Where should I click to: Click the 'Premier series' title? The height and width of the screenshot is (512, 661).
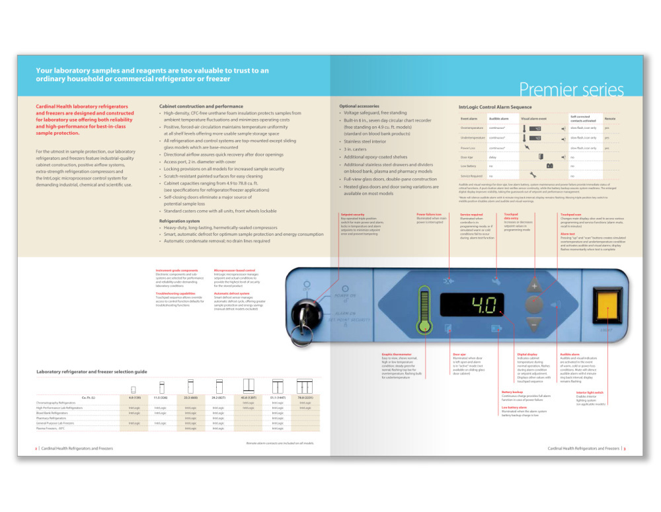(x=571, y=89)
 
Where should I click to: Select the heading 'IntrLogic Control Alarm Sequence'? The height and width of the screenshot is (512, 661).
(x=495, y=107)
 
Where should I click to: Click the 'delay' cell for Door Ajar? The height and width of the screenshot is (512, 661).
(x=492, y=157)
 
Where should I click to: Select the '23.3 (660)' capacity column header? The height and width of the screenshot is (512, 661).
(x=192, y=398)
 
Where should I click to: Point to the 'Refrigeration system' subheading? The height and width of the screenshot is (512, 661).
(x=180, y=221)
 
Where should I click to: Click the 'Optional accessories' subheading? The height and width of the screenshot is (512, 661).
(x=359, y=106)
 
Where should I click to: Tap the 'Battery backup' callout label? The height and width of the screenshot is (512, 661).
(x=512, y=392)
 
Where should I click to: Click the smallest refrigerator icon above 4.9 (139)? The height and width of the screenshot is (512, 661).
(x=134, y=388)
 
